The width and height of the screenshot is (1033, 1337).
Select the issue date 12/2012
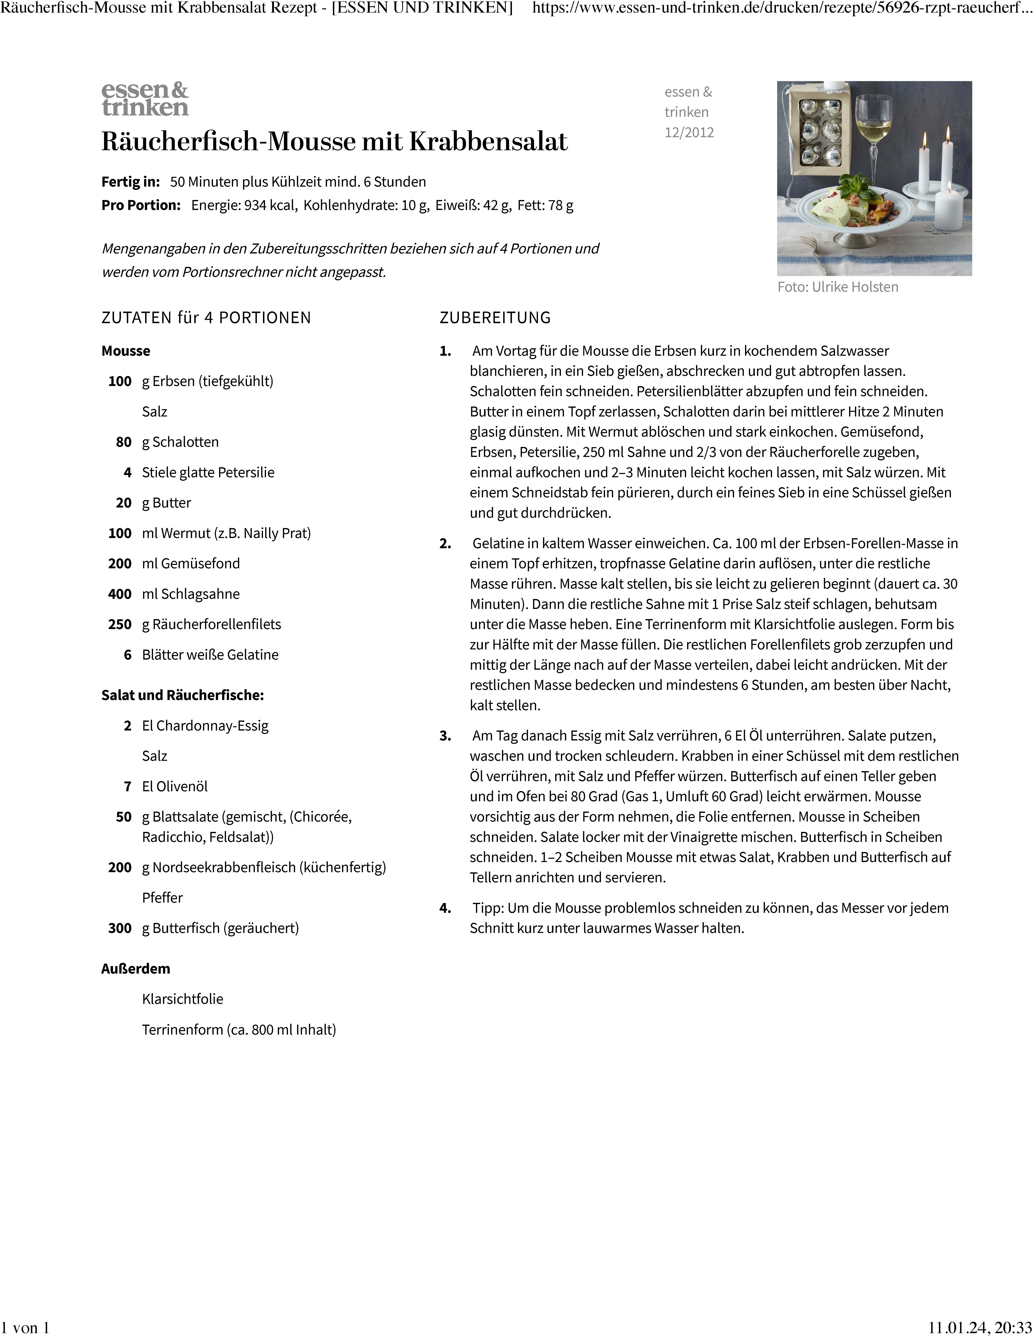click(x=689, y=132)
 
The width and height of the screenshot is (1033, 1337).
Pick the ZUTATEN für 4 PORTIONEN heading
click(x=206, y=318)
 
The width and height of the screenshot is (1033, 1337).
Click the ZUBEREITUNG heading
click(x=495, y=318)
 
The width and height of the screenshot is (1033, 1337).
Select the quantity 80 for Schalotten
click(x=124, y=442)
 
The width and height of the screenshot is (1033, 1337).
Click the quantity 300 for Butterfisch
click(x=120, y=928)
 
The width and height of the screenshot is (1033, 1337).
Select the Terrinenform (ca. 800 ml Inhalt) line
click(x=239, y=1030)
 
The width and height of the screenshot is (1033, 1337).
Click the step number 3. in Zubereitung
click(x=445, y=736)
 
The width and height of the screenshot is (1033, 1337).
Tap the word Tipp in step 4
click(x=487, y=908)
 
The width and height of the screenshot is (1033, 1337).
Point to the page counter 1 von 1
click(x=26, y=1327)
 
